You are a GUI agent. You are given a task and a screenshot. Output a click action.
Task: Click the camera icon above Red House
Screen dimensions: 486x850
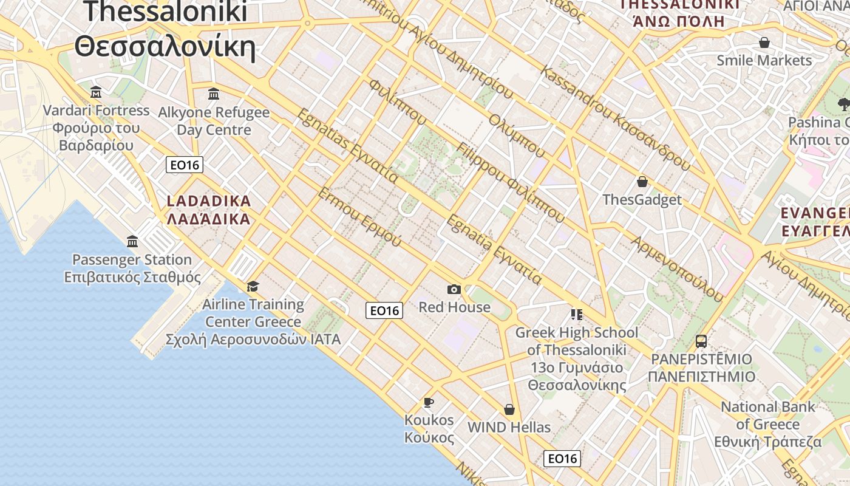[x=454, y=289]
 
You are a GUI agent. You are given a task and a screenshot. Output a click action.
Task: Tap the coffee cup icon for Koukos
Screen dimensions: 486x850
[x=429, y=402]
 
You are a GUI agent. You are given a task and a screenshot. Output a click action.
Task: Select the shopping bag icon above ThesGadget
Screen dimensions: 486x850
[x=642, y=182]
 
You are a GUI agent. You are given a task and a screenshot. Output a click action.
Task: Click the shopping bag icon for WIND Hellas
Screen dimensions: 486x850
[x=509, y=409]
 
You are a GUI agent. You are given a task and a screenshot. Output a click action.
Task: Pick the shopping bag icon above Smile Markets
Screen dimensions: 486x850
[x=764, y=43]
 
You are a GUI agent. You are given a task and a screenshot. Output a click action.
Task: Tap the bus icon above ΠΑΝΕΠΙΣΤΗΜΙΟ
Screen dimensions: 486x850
[x=701, y=341]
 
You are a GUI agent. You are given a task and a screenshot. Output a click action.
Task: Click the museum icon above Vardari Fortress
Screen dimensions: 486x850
[x=96, y=92]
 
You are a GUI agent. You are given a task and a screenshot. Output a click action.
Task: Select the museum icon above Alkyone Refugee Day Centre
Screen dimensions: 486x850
[x=214, y=94]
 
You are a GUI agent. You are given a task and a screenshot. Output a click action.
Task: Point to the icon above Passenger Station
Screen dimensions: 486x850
[x=132, y=242]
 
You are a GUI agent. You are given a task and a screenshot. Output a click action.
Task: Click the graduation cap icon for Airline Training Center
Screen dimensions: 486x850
[x=253, y=286]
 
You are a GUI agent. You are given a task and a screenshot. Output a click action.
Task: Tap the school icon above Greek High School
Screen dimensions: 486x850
[x=576, y=315]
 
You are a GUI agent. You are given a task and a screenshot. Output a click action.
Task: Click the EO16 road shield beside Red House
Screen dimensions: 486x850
[x=384, y=310]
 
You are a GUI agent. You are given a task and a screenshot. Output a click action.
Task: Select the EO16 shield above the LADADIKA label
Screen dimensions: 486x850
[x=185, y=165]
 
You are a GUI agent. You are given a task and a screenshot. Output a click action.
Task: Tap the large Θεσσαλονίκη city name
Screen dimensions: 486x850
[x=165, y=46]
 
